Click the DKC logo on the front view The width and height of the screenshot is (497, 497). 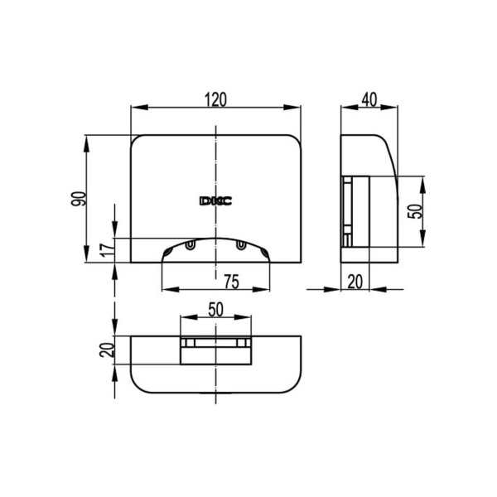(x=215, y=200)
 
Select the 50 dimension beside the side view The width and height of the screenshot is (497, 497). (x=418, y=210)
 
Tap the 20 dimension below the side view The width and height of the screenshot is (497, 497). (x=355, y=282)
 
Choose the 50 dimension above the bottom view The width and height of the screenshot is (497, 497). (x=215, y=309)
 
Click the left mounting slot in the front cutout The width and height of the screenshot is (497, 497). (x=191, y=245)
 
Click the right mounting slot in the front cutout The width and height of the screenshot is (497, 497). (x=240, y=245)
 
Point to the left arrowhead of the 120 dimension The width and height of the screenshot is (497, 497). (x=135, y=108)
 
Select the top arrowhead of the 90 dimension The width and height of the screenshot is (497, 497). (x=88, y=139)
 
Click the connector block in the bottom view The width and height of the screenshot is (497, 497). (x=215, y=350)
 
